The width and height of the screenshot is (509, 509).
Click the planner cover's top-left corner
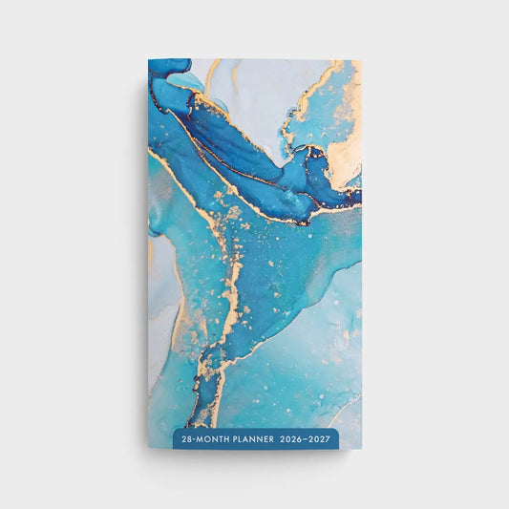click(149, 60)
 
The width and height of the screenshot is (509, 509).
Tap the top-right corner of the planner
click(362, 60)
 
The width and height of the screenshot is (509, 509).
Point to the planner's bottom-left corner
click(149, 447)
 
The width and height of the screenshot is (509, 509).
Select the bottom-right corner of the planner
click(362, 447)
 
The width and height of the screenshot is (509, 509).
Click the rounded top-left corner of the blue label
click(175, 432)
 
